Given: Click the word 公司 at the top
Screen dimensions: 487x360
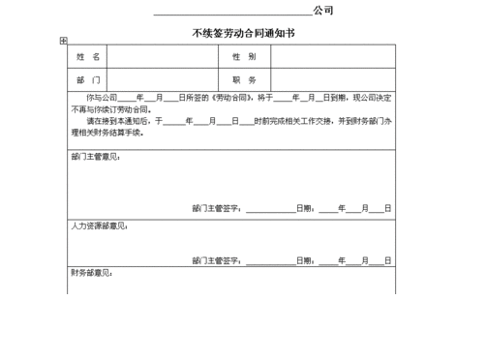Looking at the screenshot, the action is [323, 11].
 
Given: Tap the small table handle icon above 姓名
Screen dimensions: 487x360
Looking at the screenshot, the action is [63, 41].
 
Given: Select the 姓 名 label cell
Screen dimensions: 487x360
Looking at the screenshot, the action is [88, 57].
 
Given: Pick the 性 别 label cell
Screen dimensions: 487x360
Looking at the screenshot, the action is [245, 57].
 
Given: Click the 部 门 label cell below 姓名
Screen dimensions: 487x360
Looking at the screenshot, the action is [88, 80].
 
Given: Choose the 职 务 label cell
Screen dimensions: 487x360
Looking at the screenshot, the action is [245, 80].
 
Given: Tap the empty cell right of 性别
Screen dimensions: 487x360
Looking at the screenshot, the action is [333, 57].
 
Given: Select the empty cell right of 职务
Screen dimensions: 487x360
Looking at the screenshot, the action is [333, 80].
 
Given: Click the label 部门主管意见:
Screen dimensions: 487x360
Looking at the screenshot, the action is [95, 156].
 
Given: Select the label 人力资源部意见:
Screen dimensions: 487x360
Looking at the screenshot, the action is [99, 227].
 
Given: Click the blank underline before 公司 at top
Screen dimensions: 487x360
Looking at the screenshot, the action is [232, 12].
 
